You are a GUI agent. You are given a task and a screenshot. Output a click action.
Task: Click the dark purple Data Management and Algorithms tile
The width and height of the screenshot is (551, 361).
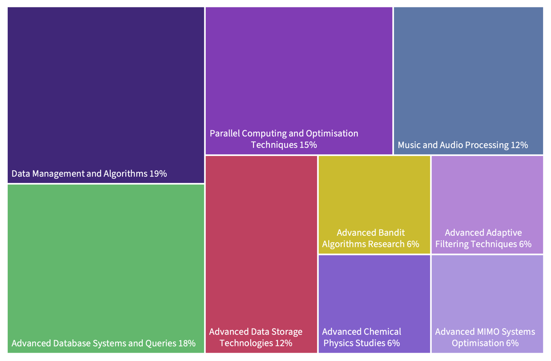click(x=106, y=92)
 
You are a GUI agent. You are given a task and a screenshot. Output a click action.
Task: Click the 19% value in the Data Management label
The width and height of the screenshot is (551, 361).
click(x=158, y=174)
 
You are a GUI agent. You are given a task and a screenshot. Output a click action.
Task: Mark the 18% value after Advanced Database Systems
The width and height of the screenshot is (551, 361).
click(x=187, y=343)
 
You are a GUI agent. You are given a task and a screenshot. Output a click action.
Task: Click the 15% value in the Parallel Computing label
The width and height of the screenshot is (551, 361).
click(x=308, y=145)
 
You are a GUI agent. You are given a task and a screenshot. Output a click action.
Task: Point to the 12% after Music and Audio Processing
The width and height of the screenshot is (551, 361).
click(x=519, y=145)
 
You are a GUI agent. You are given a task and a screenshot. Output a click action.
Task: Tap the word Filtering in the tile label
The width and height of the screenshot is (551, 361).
click(x=453, y=244)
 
